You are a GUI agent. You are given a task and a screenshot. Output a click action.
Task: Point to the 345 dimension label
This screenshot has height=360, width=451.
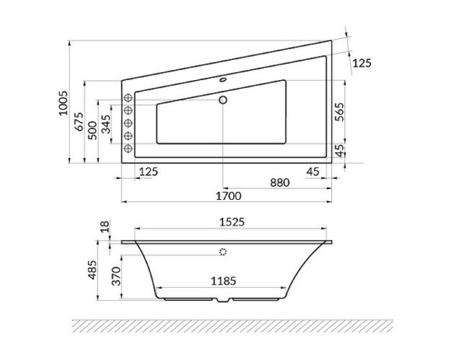tap(107, 126)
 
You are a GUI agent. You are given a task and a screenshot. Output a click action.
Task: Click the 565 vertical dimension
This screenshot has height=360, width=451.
tap(339, 110)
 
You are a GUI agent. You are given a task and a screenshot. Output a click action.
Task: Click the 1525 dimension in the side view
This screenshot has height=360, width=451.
tap(229, 222)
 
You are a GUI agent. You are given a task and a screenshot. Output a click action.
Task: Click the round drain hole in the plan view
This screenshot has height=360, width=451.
tap(223, 100)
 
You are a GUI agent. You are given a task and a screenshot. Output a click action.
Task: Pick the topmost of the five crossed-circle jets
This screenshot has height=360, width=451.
tap(130, 98)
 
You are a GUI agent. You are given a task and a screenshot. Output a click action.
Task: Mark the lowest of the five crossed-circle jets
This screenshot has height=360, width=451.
tap(130, 147)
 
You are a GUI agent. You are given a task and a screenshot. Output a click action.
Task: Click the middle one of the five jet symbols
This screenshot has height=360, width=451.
tap(130, 123)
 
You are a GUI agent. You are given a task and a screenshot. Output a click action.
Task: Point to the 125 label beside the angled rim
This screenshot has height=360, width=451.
tap(362, 63)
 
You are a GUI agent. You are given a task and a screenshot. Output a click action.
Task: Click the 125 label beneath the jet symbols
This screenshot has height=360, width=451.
tap(149, 171)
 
